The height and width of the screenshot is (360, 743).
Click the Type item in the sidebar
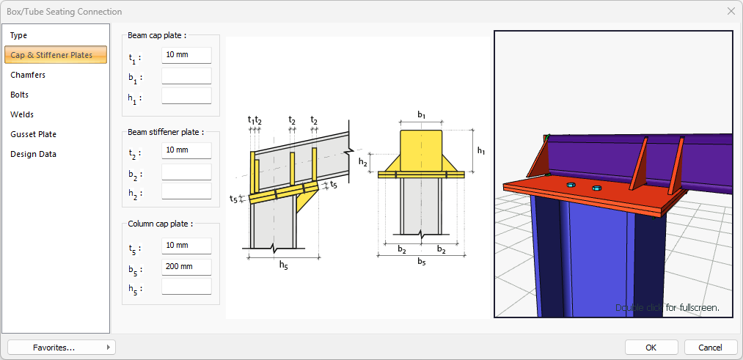[x=19, y=35]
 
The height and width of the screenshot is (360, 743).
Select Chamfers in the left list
[x=28, y=75]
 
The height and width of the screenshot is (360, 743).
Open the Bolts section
[x=20, y=95]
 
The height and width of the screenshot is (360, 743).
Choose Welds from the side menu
[x=22, y=114]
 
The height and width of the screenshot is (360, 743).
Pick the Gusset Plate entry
[x=33, y=134]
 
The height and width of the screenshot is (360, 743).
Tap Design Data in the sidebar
[x=33, y=154]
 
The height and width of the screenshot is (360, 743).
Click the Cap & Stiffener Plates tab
[x=56, y=55]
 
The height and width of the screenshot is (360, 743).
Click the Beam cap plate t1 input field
[x=186, y=55]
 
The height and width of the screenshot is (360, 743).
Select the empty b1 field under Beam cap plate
[x=186, y=76]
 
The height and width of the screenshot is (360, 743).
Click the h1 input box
[x=186, y=96]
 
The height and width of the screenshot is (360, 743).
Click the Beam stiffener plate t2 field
[x=186, y=150]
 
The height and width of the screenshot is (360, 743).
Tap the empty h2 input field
[x=186, y=191]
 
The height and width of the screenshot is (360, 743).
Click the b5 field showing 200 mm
[x=186, y=267]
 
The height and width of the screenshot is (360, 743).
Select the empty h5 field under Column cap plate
[x=186, y=287]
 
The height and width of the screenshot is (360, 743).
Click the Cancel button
[x=710, y=347]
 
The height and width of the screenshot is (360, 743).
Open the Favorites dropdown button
[x=62, y=347]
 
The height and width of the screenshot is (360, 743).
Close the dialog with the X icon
[x=731, y=11]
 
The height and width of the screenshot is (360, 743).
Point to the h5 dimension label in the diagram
[x=284, y=265]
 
